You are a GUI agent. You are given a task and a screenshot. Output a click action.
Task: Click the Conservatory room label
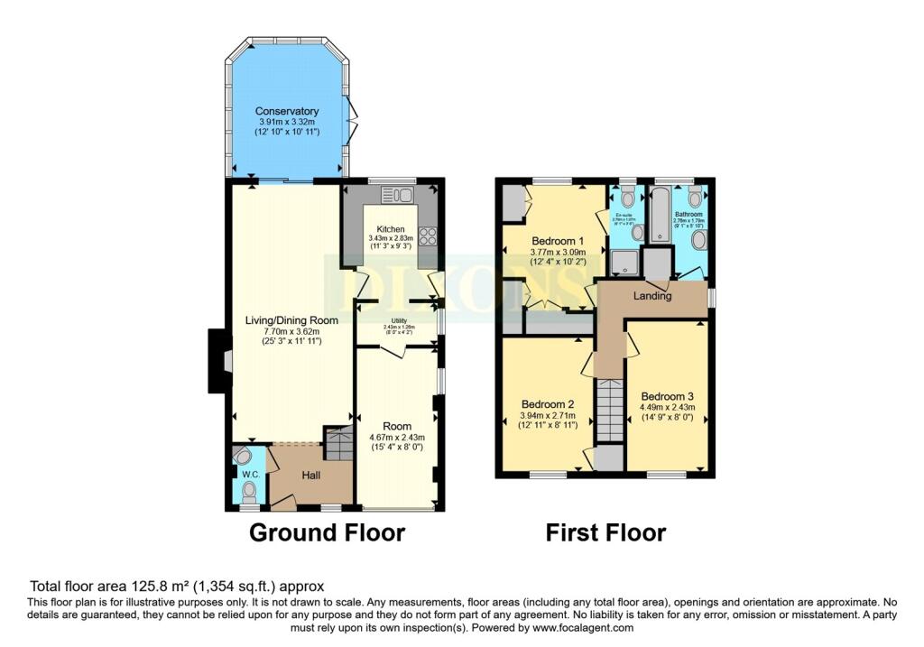tap(286, 111)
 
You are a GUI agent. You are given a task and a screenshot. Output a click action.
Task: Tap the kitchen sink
tap(396, 194)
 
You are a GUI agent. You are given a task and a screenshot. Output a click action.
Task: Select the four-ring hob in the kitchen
tap(427, 236)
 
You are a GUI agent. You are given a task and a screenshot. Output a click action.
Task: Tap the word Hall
tap(311, 473)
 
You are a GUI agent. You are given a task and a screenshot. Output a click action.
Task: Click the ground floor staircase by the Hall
tap(338, 443)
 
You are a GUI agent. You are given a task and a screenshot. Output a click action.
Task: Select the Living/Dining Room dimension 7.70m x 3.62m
tap(292, 332)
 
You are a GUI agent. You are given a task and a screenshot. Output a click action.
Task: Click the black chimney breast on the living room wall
tap(217, 360)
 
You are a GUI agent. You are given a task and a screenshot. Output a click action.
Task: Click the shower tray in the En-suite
tap(624, 262)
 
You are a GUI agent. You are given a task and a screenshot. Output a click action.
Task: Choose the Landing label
tap(651, 295)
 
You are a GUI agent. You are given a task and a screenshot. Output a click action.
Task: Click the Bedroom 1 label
tap(558, 241)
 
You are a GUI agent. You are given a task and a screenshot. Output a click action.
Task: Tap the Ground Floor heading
tap(327, 532)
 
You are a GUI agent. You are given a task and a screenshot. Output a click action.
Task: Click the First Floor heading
tap(605, 532)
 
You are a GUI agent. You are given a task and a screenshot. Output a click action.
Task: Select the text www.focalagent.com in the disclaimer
tap(583, 627)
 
